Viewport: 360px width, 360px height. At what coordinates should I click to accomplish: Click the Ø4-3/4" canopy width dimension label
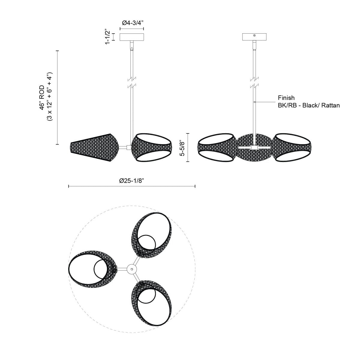tap(132, 23)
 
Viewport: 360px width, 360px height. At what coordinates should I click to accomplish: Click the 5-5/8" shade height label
tap(181, 147)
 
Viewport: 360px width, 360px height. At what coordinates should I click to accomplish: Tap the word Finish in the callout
tap(286, 97)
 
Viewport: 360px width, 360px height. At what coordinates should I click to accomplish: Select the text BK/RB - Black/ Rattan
tap(309, 105)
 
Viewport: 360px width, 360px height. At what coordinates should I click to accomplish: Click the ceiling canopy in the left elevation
tap(132, 37)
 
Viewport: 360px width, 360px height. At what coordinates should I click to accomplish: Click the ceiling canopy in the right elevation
tap(254, 36)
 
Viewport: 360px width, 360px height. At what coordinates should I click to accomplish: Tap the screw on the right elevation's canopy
tap(254, 36)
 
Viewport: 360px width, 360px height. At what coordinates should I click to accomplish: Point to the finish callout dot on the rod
tap(254, 102)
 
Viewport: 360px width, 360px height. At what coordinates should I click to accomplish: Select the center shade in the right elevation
tap(254, 147)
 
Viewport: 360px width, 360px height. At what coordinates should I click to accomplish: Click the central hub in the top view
tap(131, 269)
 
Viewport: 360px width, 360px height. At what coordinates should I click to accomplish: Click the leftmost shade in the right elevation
tap(217, 147)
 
